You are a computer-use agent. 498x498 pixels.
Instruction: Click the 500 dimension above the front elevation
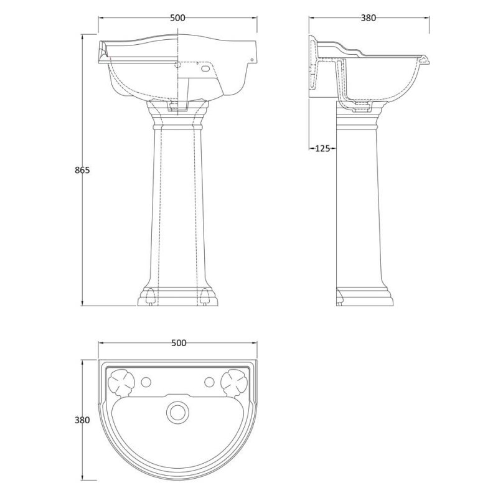click(177, 18)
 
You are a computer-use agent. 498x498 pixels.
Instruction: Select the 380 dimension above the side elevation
click(369, 18)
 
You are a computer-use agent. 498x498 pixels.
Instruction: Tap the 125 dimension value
click(323, 148)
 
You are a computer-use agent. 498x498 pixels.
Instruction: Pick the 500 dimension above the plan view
click(178, 343)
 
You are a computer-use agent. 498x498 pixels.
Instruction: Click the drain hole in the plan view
click(178, 411)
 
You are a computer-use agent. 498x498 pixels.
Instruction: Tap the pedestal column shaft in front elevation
click(177, 205)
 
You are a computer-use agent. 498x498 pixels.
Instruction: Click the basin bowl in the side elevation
click(380, 81)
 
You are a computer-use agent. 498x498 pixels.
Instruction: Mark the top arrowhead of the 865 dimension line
click(83, 36)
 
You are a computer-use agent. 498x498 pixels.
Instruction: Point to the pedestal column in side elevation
click(358, 205)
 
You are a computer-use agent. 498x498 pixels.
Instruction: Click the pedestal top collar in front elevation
click(177, 116)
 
